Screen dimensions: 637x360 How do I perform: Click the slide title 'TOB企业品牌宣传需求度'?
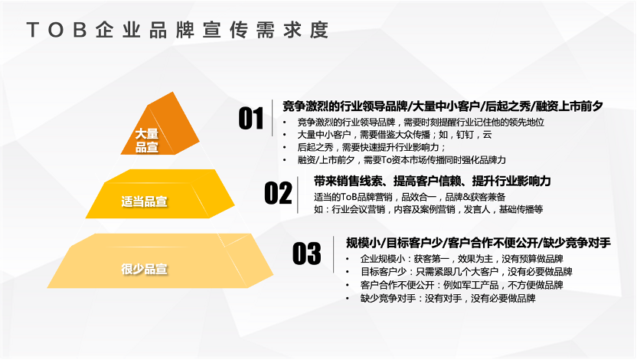[x=178, y=30]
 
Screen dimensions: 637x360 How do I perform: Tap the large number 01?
[x=251, y=118]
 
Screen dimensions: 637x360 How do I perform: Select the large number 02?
[x=278, y=193]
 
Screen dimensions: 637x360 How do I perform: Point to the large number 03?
[x=307, y=254]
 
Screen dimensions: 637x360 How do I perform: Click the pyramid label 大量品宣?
[x=147, y=140]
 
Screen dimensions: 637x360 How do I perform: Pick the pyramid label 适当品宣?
[x=144, y=201]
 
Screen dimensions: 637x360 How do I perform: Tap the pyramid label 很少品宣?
[x=144, y=269]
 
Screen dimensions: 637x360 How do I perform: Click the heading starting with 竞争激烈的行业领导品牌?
[x=443, y=106]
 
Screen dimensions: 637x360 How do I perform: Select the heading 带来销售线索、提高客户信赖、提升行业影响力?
[x=433, y=181]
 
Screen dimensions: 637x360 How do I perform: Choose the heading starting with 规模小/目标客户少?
[x=479, y=243]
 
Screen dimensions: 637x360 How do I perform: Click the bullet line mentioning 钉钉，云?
[x=394, y=135]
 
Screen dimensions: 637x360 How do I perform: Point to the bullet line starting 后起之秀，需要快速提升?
[x=372, y=147]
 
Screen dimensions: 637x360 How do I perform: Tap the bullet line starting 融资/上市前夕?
[x=402, y=159]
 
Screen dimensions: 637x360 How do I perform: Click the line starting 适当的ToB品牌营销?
[x=410, y=197]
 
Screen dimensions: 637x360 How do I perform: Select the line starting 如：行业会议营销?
[x=428, y=209]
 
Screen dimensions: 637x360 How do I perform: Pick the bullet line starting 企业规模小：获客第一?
[x=462, y=259]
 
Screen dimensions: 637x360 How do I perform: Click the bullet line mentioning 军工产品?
[x=462, y=285]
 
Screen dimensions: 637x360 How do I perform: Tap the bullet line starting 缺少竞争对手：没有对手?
[x=448, y=298]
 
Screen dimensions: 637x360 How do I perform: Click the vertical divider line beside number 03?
[x=334, y=254]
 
